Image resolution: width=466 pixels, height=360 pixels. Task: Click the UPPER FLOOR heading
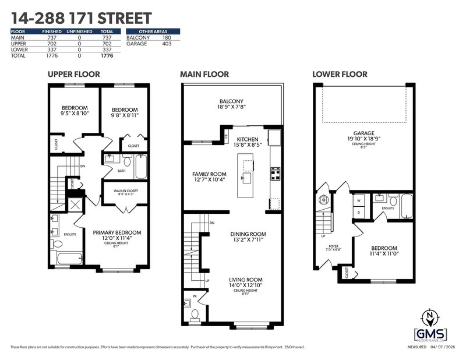click(74, 74)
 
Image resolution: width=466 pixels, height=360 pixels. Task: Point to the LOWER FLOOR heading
click(340, 74)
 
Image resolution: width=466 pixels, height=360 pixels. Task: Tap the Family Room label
click(209, 177)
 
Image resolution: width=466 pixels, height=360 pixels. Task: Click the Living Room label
click(245, 283)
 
